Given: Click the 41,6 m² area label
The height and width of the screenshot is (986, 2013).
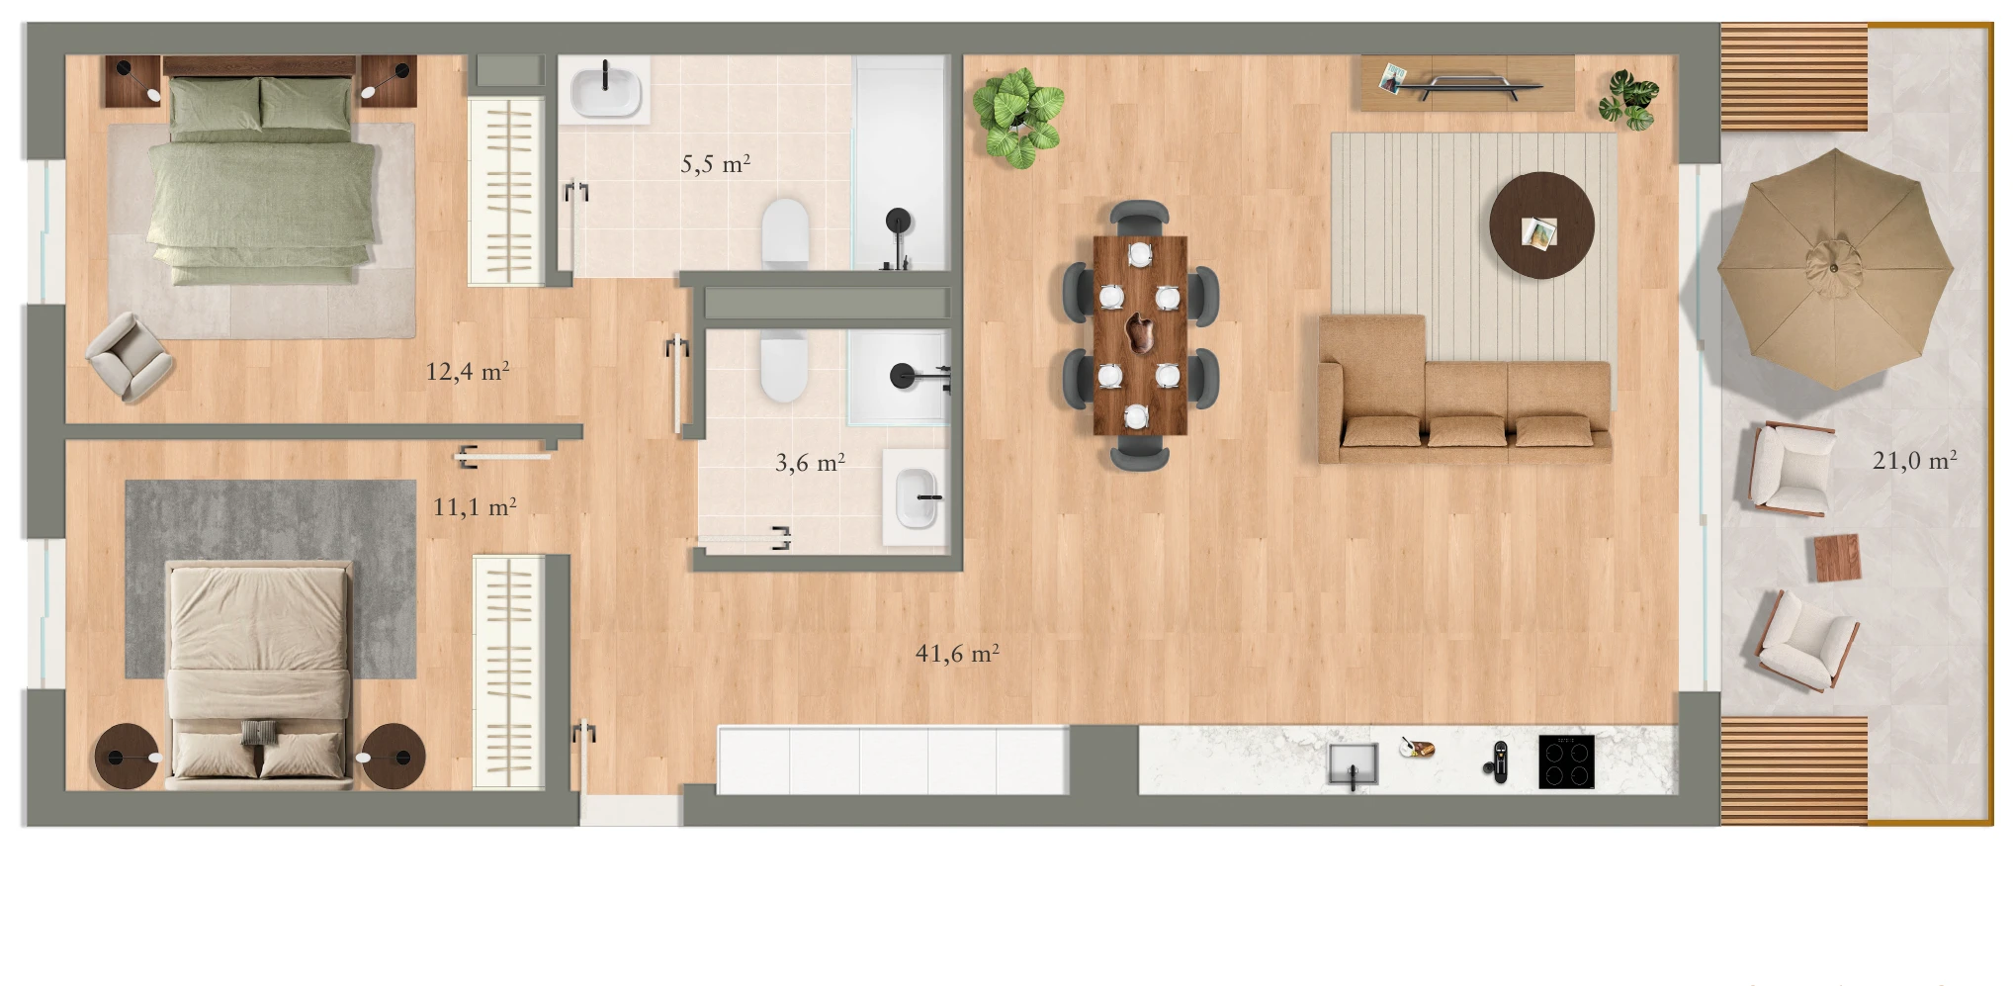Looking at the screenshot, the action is point(957,654).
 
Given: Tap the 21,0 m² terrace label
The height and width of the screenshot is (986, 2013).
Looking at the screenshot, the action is point(1914,460).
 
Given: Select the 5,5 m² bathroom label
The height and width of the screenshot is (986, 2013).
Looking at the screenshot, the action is point(715,163).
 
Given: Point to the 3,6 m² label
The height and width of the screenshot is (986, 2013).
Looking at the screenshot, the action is point(810,462).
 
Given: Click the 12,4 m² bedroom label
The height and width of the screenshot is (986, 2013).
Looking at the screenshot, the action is point(467,371).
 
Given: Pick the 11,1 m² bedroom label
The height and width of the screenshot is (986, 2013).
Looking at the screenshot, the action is point(475,507).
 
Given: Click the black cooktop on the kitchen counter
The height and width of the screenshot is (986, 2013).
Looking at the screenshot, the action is point(1566,762).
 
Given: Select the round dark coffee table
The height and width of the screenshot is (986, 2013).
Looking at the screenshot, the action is point(1541,226).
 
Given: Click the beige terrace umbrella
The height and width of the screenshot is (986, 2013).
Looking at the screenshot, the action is point(1835,269).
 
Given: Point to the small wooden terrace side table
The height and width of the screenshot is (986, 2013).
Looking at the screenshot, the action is point(1837,558).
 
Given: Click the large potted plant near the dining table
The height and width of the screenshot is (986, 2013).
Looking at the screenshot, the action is point(1017,117).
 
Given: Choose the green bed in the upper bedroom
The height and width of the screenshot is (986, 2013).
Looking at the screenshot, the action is point(261,178).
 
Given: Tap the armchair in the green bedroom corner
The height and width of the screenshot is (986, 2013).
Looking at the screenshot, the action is point(130,356).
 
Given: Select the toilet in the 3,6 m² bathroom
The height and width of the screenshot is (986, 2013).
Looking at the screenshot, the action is point(784,364).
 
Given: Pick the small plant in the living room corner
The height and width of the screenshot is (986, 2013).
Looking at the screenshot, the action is point(1627,100).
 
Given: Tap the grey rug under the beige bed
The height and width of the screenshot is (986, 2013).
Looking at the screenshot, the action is point(270,580).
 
